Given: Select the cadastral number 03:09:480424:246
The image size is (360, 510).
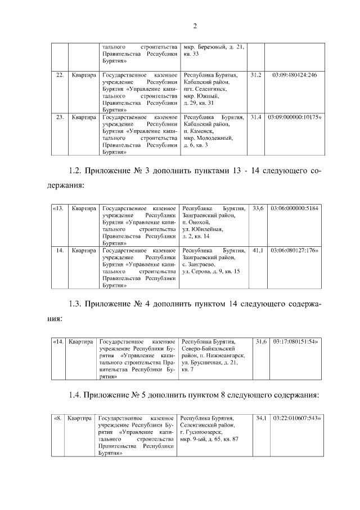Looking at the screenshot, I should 294,75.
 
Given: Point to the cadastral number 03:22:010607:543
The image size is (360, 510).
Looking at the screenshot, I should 296,419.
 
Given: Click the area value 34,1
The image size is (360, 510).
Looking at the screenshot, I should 260,419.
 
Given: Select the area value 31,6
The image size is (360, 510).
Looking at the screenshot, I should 260,342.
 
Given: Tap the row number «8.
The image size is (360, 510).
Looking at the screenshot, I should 57,419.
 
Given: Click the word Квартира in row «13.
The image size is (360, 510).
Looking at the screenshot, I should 83,209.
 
